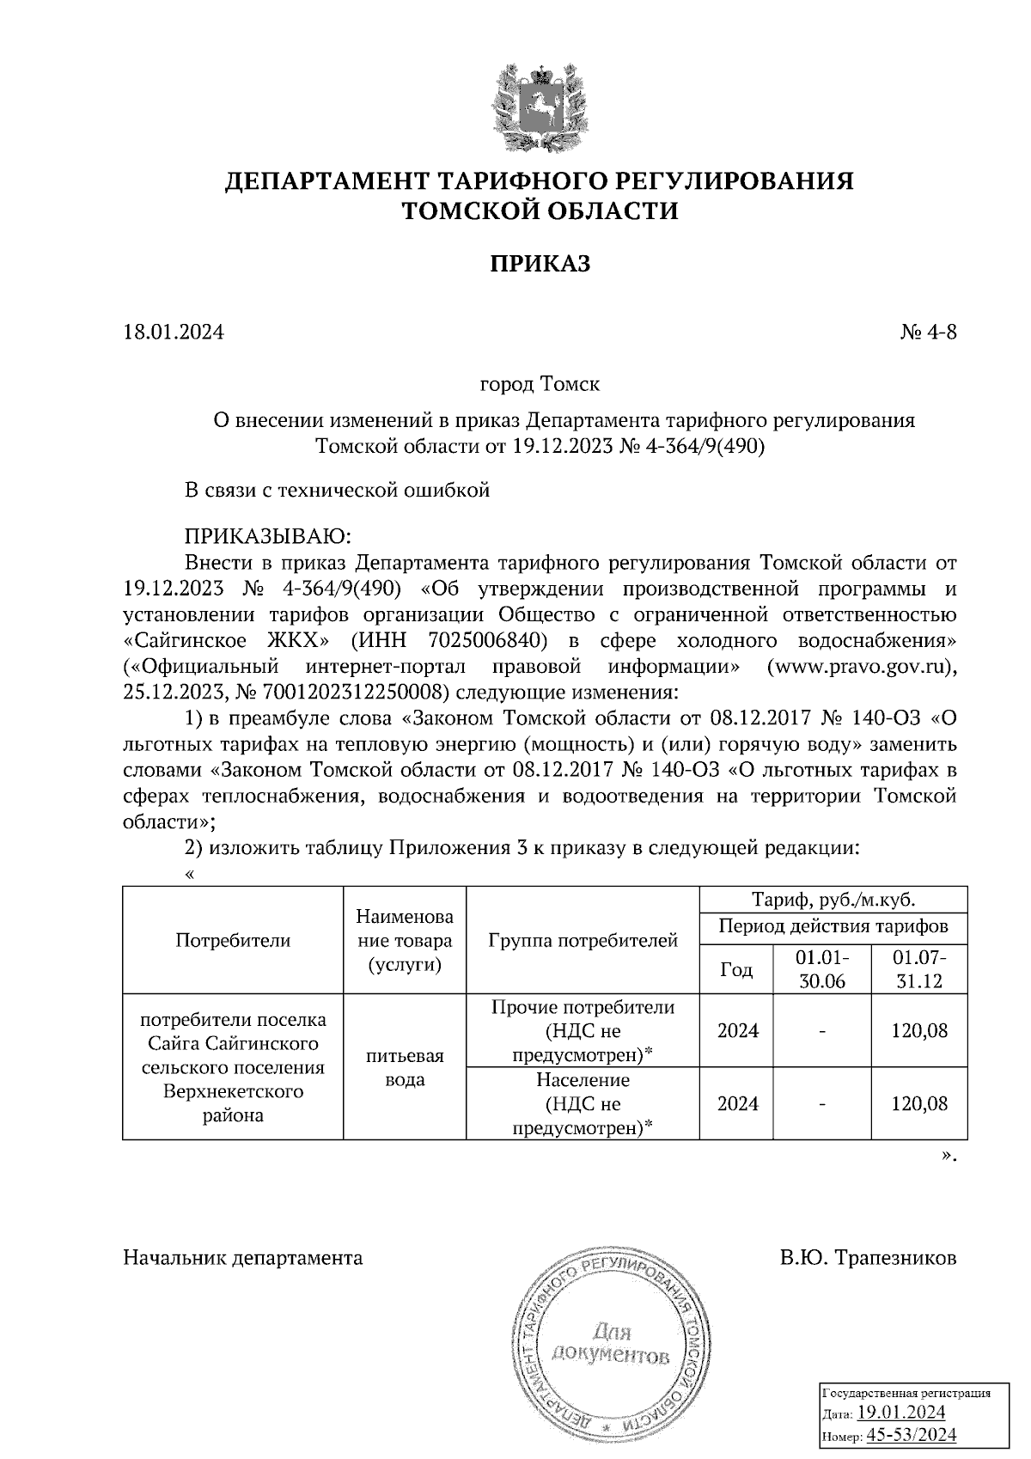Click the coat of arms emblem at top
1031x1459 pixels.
coord(540,103)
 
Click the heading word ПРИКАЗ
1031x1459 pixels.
coord(540,264)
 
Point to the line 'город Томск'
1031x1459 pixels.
coord(540,383)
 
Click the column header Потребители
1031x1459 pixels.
coord(233,940)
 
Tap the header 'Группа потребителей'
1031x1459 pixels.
coord(583,940)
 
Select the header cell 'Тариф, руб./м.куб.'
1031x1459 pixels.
coord(833,900)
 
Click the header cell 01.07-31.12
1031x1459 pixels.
coord(919,969)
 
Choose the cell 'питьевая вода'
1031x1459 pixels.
coord(405,1068)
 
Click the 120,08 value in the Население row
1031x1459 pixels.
coord(919,1104)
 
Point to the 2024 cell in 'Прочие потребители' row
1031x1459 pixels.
coord(738,1031)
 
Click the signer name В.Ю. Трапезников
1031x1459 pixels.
coord(868,1259)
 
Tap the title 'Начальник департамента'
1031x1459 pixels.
coord(243,1259)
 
